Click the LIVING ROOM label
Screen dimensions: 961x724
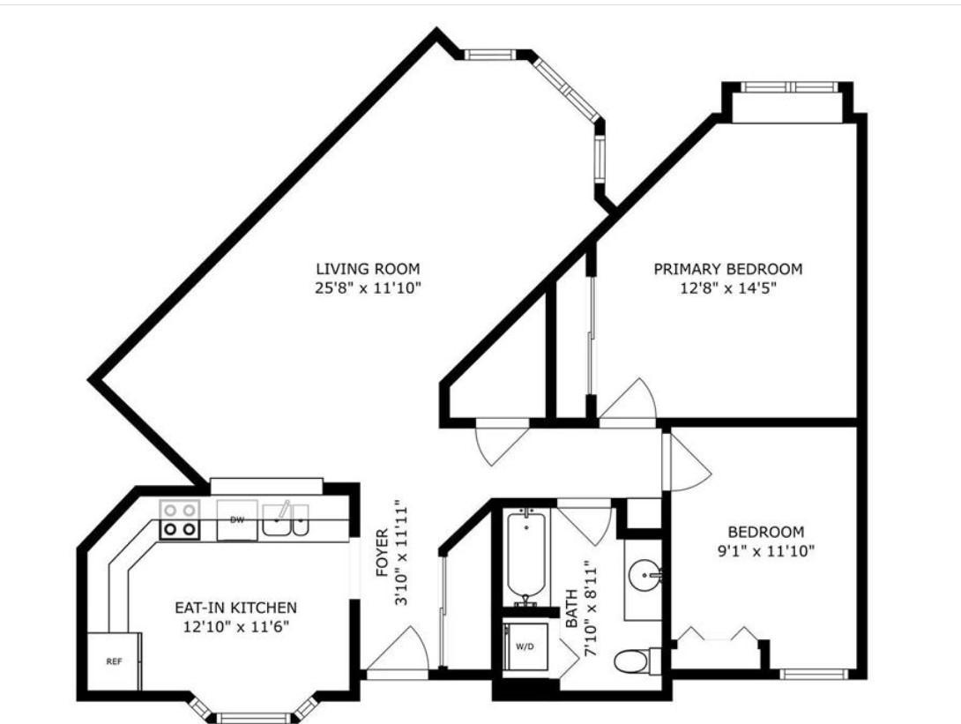pos(368,268)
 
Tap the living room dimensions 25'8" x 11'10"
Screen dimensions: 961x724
pos(368,287)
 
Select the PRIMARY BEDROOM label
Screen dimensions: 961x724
pos(728,268)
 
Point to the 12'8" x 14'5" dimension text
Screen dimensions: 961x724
pos(728,287)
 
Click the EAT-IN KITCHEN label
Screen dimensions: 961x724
pos(236,608)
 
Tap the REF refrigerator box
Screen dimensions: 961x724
pos(114,661)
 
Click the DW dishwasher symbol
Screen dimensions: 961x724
pos(237,520)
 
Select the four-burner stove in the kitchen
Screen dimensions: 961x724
pos(180,520)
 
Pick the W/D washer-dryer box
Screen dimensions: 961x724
pos(525,646)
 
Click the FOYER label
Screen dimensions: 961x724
pos(382,553)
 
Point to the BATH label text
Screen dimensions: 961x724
pos(571,608)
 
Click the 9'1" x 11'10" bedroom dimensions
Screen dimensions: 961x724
pos(765,551)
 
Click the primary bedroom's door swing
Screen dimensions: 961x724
pos(629,401)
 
